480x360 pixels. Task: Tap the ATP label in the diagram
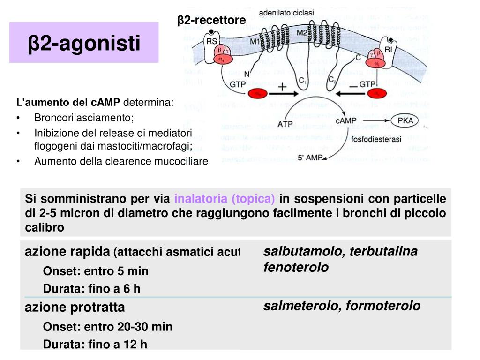(285, 124)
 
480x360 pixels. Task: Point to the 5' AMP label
(310, 158)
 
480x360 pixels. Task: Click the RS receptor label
(212, 41)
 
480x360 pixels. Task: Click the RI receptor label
(388, 48)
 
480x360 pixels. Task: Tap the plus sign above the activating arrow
(283, 88)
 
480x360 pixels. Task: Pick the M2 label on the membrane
(302, 33)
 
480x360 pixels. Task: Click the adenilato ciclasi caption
(286, 14)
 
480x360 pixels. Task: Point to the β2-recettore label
(211, 20)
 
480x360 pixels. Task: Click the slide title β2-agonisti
(84, 43)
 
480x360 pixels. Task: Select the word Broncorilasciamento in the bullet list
(84, 117)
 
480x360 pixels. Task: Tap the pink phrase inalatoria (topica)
(225, 199)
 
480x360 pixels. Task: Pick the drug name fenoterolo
(296, 268)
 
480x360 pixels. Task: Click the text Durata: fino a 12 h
(95, 345)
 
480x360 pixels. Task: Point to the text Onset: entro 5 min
(96, 271)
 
